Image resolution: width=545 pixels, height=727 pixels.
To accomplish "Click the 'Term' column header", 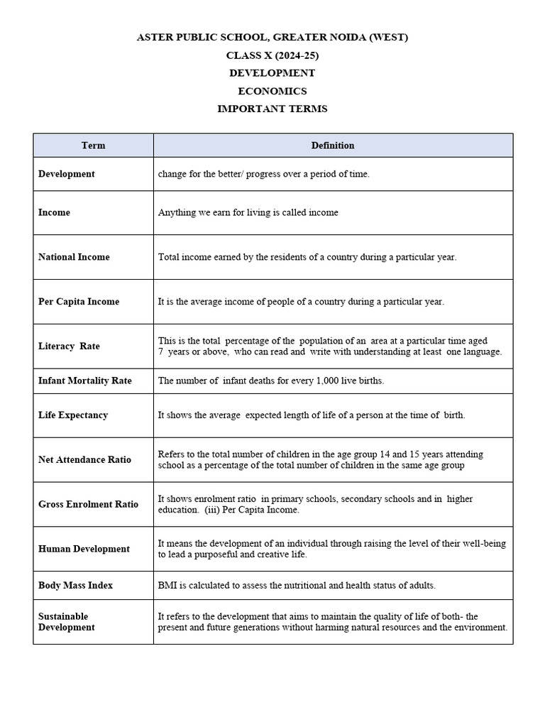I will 93,146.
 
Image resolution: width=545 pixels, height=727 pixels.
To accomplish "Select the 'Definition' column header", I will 333,146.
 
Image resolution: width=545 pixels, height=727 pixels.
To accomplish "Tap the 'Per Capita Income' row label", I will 79,302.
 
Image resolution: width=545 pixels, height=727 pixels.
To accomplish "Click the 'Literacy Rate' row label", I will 69,346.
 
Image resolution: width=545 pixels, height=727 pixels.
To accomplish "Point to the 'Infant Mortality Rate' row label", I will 85,381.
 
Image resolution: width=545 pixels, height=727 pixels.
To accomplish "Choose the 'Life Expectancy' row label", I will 73,415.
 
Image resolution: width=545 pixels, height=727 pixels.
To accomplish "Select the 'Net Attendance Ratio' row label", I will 84,460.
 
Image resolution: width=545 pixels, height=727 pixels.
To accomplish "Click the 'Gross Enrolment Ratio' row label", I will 88,505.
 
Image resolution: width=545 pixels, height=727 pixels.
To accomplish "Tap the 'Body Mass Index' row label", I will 75,586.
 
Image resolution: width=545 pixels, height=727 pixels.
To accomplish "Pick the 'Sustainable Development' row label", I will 66,622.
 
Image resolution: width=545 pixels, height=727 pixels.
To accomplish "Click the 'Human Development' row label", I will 84,549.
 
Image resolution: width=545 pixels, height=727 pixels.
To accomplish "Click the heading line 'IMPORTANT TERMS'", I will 272,109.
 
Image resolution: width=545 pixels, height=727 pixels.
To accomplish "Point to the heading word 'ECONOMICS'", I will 272,91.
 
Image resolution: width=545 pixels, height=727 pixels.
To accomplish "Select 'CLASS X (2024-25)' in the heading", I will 272,55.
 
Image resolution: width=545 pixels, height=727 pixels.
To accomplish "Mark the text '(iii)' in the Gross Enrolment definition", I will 212,510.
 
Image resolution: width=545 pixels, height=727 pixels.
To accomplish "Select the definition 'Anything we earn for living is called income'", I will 248,213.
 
